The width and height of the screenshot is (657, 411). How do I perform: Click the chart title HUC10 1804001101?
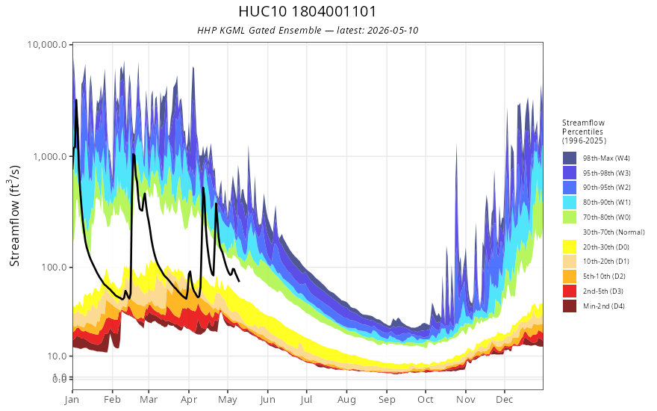click(307, 11)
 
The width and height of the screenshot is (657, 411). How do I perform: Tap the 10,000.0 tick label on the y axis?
click(47, 44)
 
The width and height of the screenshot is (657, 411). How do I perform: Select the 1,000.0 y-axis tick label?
click(50, 156)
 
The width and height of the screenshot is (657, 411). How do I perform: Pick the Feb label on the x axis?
click(112, 399)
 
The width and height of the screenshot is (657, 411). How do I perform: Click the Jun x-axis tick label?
click(267, 400)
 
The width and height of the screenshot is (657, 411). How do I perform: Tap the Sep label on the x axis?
click(387, 399)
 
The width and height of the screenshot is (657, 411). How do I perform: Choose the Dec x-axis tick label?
click(505, 399)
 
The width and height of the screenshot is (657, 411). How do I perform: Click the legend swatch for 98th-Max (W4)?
click(570, 158)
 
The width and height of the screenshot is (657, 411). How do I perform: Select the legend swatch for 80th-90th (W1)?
click(570, 203)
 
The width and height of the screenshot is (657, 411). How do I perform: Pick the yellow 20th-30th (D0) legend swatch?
click(570, 247)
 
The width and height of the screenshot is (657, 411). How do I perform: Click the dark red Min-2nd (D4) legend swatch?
click(570, 306)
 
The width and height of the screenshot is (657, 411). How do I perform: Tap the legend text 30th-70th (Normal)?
click(614, 232)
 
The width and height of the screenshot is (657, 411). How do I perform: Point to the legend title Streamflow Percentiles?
click(583, 127)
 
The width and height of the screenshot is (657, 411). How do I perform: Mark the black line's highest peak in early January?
click(76, 100)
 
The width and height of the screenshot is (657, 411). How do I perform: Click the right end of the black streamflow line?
click(239, 281)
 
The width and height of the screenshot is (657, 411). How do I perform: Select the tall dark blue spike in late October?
click(456, 145)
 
